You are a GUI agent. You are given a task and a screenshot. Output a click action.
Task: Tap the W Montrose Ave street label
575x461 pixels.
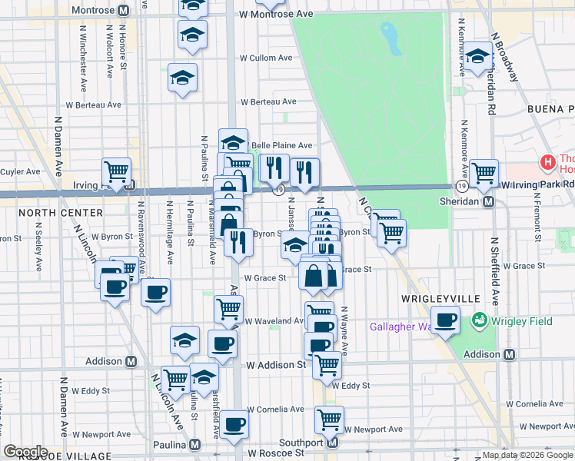[x=266, y=15]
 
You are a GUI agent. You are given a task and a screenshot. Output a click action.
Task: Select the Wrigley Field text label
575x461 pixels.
[x=523, y=320]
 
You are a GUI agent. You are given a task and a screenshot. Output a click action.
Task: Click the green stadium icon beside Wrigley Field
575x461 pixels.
[x=480, y=319]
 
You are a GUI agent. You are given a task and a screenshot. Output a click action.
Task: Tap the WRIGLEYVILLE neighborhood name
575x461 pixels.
[x=440, y=297]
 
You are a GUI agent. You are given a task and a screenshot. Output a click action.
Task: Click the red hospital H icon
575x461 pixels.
[x=548, y=163]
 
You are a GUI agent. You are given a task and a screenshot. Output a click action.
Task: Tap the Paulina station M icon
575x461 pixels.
[x=195, y=445]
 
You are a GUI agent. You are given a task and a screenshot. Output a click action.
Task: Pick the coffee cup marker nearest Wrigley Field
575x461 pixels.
[x=445, y=320]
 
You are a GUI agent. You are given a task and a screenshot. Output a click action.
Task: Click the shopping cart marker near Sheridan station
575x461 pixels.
[x=484, y=174]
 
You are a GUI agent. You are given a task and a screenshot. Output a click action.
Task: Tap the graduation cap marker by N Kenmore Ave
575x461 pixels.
[x=477, y=55]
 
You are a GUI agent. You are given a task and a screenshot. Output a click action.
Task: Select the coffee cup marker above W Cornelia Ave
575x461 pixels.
[x=234, y=423]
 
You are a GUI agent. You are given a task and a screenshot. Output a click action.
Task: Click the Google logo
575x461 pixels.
[x=25, y=452]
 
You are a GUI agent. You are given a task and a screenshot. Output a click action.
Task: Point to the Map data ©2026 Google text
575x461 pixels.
[x=528, y=455]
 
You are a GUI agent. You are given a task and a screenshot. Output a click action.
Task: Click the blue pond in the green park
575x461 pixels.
[x=391, y=38]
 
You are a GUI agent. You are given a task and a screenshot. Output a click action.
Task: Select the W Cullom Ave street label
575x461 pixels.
[x=266, y=58]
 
